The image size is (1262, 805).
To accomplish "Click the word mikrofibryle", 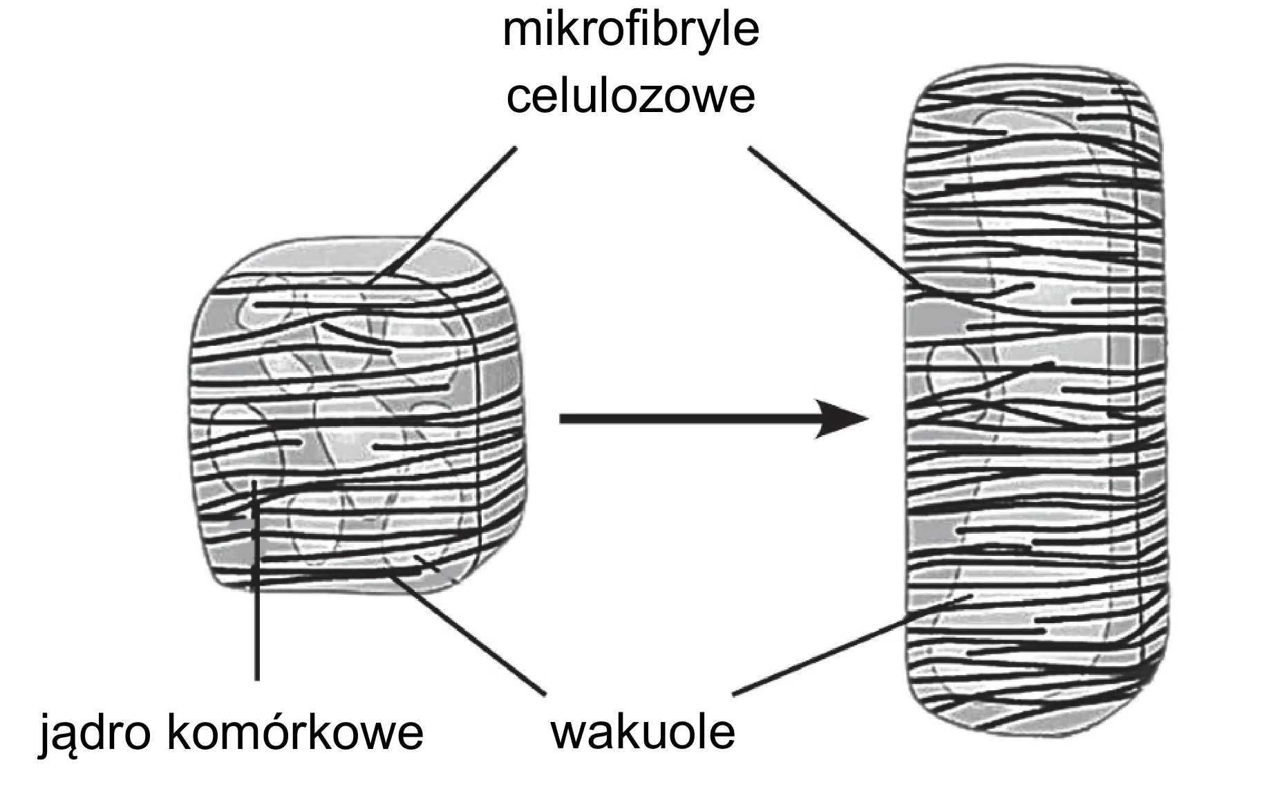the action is point(630,31).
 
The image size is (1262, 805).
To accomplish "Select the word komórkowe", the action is point(295,732).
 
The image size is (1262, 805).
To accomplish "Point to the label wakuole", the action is point(642,732).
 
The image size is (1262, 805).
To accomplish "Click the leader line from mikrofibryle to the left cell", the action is point(443,215).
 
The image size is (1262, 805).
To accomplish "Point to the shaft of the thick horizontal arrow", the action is point(688,418).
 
